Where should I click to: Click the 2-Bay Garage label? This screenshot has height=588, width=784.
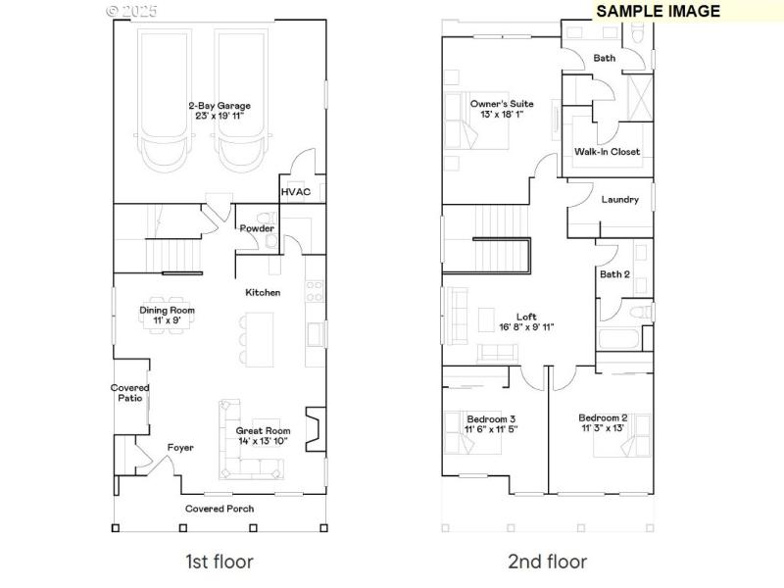point(220,105)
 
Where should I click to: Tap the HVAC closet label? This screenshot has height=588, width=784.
point(295,192)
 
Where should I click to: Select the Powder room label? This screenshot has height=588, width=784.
point(257,228)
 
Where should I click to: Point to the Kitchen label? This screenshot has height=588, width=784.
point(263,292)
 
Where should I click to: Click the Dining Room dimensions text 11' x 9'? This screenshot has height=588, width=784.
point(167,320)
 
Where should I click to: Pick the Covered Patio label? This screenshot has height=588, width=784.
point(129,393)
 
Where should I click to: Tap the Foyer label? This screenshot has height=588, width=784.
point(180,448)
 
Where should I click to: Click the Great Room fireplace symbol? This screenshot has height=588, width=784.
point(313,428)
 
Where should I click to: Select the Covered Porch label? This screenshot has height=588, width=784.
point(220,509)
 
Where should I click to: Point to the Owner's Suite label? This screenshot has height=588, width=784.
point(497,103)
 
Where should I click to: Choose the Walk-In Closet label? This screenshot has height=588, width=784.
point(607,152)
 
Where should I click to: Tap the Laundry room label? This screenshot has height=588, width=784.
point(619,200)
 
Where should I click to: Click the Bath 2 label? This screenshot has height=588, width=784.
point(614,274)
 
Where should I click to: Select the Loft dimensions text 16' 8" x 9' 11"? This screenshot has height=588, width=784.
point(526,327)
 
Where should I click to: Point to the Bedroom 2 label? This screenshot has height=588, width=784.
point(602,417)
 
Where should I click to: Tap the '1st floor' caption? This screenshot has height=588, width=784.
point(220,562)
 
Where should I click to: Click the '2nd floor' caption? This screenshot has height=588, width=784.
point(547,562)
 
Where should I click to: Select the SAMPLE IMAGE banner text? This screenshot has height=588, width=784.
point(658,11)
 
